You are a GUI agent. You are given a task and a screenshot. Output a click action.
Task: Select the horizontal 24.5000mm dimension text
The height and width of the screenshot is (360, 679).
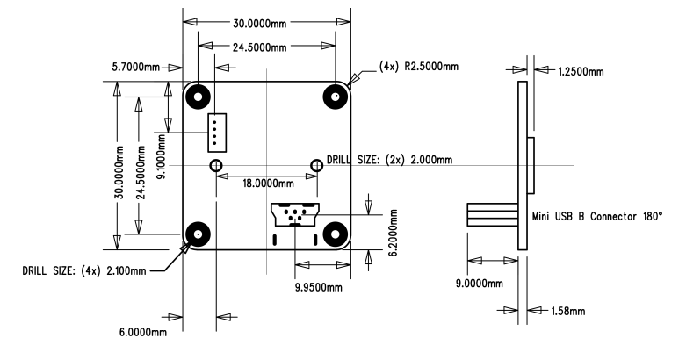click(266, 44)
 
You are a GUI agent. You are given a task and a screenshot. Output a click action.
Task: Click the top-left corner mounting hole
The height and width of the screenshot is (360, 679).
click(199, 95)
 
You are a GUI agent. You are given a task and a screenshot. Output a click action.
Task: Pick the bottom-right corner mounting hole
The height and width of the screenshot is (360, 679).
click(335, 234)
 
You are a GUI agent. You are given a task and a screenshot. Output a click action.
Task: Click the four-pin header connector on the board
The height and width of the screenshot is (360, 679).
click(215, 132)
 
